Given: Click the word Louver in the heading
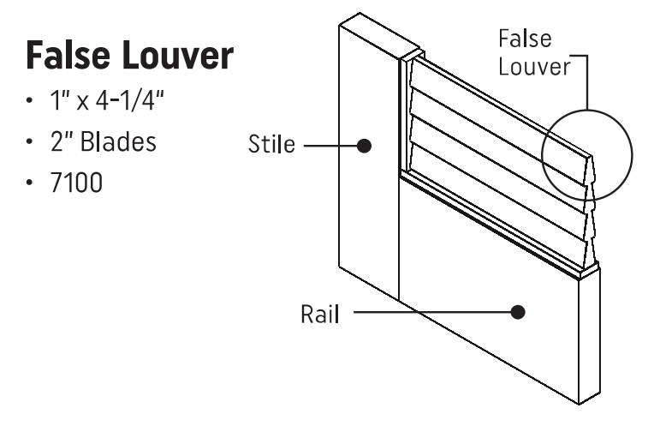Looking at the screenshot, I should (180, 57).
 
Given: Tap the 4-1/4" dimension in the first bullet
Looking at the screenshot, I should (134, 102).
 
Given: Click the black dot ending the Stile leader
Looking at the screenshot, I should (364, 146).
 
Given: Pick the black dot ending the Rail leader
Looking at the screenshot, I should (517, 313).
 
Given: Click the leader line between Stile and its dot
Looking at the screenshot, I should (330, 146).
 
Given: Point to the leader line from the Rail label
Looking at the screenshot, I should (432, 313).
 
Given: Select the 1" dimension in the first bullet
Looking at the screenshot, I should (57, 102).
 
